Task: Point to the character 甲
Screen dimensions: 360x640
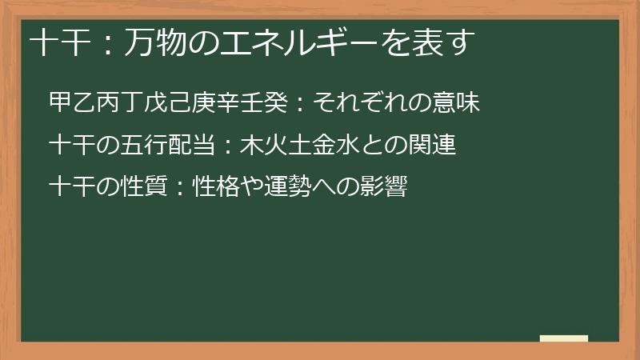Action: pyautogui.click(x=60, y=102)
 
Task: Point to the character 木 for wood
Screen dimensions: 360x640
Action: pyautogui.click(x=251, y=146)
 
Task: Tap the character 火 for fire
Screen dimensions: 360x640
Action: pyautogui.click(x=275, y=146)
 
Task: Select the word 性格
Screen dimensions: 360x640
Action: pyautogui.click(x=228, y=189)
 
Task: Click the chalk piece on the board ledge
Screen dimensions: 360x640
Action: pyautogui.click(x=564, y=338)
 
